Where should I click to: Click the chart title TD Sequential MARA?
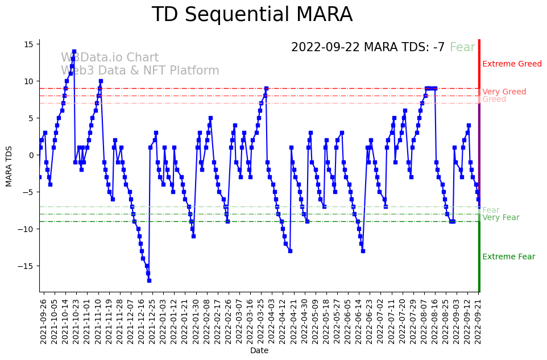(252, 15)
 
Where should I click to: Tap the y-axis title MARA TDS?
(9, 165)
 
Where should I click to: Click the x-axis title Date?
(259, 350)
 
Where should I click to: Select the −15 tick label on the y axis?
(26, 266)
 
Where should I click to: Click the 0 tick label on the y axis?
(31, 155)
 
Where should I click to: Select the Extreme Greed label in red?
(512, 64)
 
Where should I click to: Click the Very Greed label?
(504, 92)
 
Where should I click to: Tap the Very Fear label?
(500, 218)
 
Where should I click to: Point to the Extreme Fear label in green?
(508, 257)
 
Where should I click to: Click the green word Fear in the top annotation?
(462, 48)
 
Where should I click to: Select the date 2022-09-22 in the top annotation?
(326, 48)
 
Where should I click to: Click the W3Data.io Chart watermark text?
(110, 58)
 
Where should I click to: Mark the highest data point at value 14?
(74, 52)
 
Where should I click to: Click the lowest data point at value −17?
(149, 280)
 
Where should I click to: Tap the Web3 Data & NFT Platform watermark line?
(140, 71)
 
